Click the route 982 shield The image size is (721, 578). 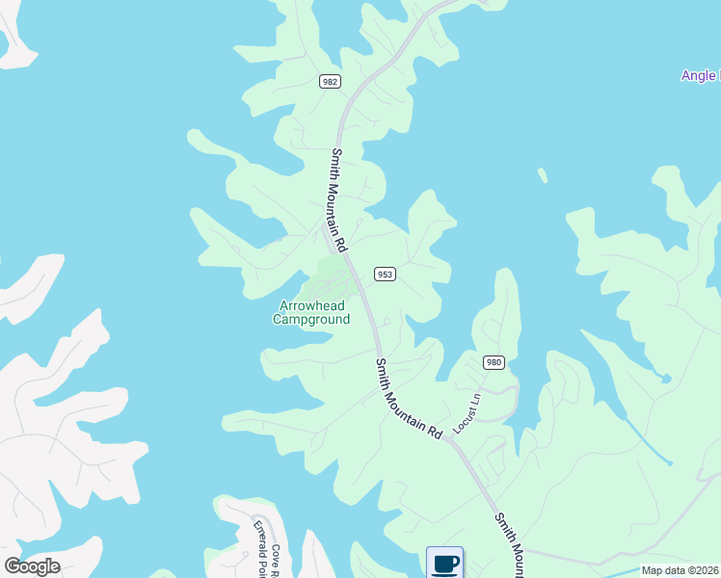pyautogui.click(x=330, y=82)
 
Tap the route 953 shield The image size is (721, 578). pyautogui.click(x=385, y=275)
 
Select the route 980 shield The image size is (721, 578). pyautogui.click(x=494, y=362)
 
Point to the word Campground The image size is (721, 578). pyautogui.click(x=312, y=319)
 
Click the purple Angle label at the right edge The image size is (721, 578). pyautogui.click(x=699, y=76)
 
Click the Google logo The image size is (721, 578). pyautogui.click(x=32, y=565)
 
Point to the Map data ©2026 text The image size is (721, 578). pyautogui.click(x=680, y=570)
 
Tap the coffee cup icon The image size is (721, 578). pyautogui.click(x=444, y=563)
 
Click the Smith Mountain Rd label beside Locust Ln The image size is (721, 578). pyautogui.click(x=408, y=399)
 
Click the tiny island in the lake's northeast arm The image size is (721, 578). pyautogui.click(x=543, y=175)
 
